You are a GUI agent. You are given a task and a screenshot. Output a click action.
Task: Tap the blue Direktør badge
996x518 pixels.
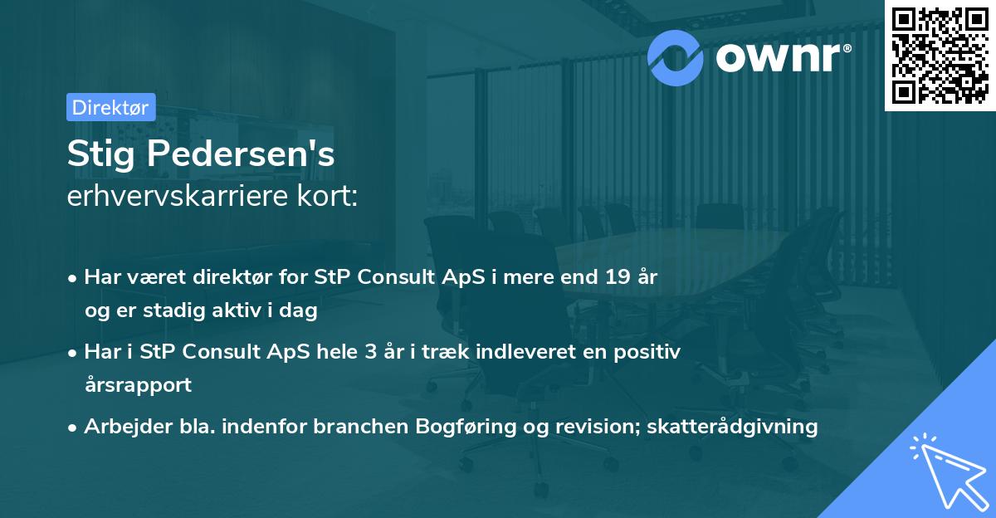click(x=110, y=107)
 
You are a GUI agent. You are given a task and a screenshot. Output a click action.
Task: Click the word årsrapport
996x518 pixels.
click(x=138, y=385)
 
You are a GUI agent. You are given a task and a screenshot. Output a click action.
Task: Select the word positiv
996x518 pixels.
click(x=649, y=351)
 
